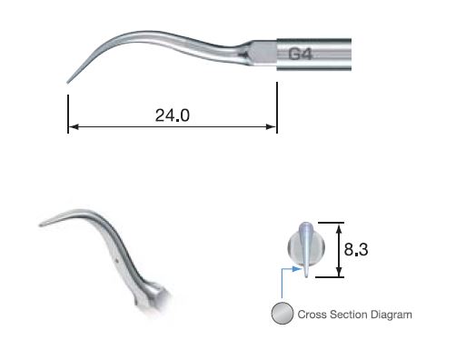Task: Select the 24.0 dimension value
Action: click(x=173, y=116)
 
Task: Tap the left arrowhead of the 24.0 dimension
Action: click(x=72, y=128)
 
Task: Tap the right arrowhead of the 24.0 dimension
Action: click(x=273, y=128)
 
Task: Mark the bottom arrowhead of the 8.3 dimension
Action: click(x=341, y=273)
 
